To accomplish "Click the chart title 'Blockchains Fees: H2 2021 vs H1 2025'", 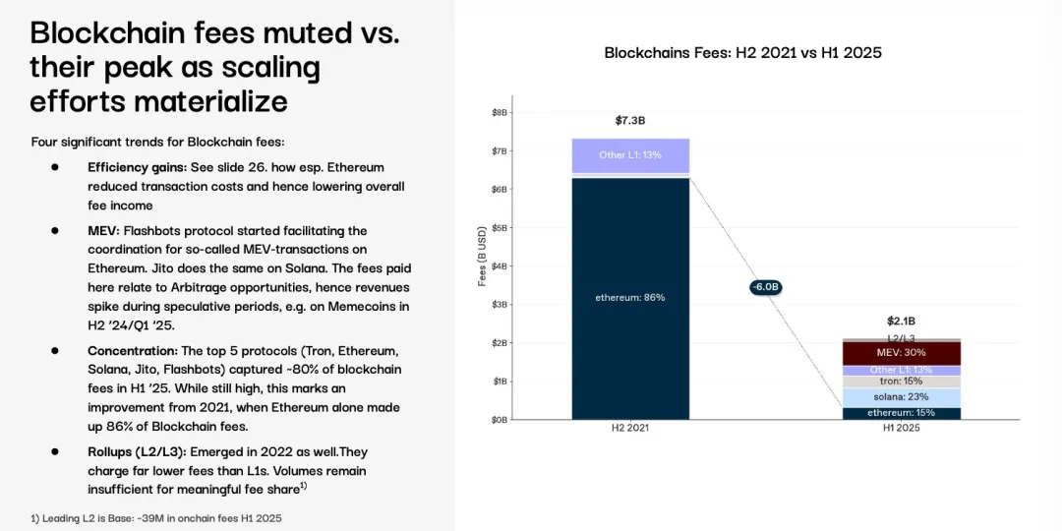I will click(749, 52).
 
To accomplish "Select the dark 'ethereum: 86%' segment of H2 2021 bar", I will click(630, 297).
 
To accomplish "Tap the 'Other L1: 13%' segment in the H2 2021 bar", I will click(630, 155).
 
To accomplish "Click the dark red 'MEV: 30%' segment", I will click(901, 352).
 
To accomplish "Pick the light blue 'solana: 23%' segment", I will click(901, 396).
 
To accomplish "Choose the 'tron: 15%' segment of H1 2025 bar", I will click(901, 381).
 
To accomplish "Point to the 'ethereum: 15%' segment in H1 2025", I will click(901, 413).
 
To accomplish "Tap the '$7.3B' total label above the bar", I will click(630, 121).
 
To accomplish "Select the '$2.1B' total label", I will click(901, 321).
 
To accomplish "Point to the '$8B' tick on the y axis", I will click(500, 113).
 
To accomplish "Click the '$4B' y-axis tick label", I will click(500, 266).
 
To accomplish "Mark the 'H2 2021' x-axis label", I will click(630, 429).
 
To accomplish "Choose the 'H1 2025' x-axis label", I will click(901, 429).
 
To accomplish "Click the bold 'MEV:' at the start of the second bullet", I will click(103, 230).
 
